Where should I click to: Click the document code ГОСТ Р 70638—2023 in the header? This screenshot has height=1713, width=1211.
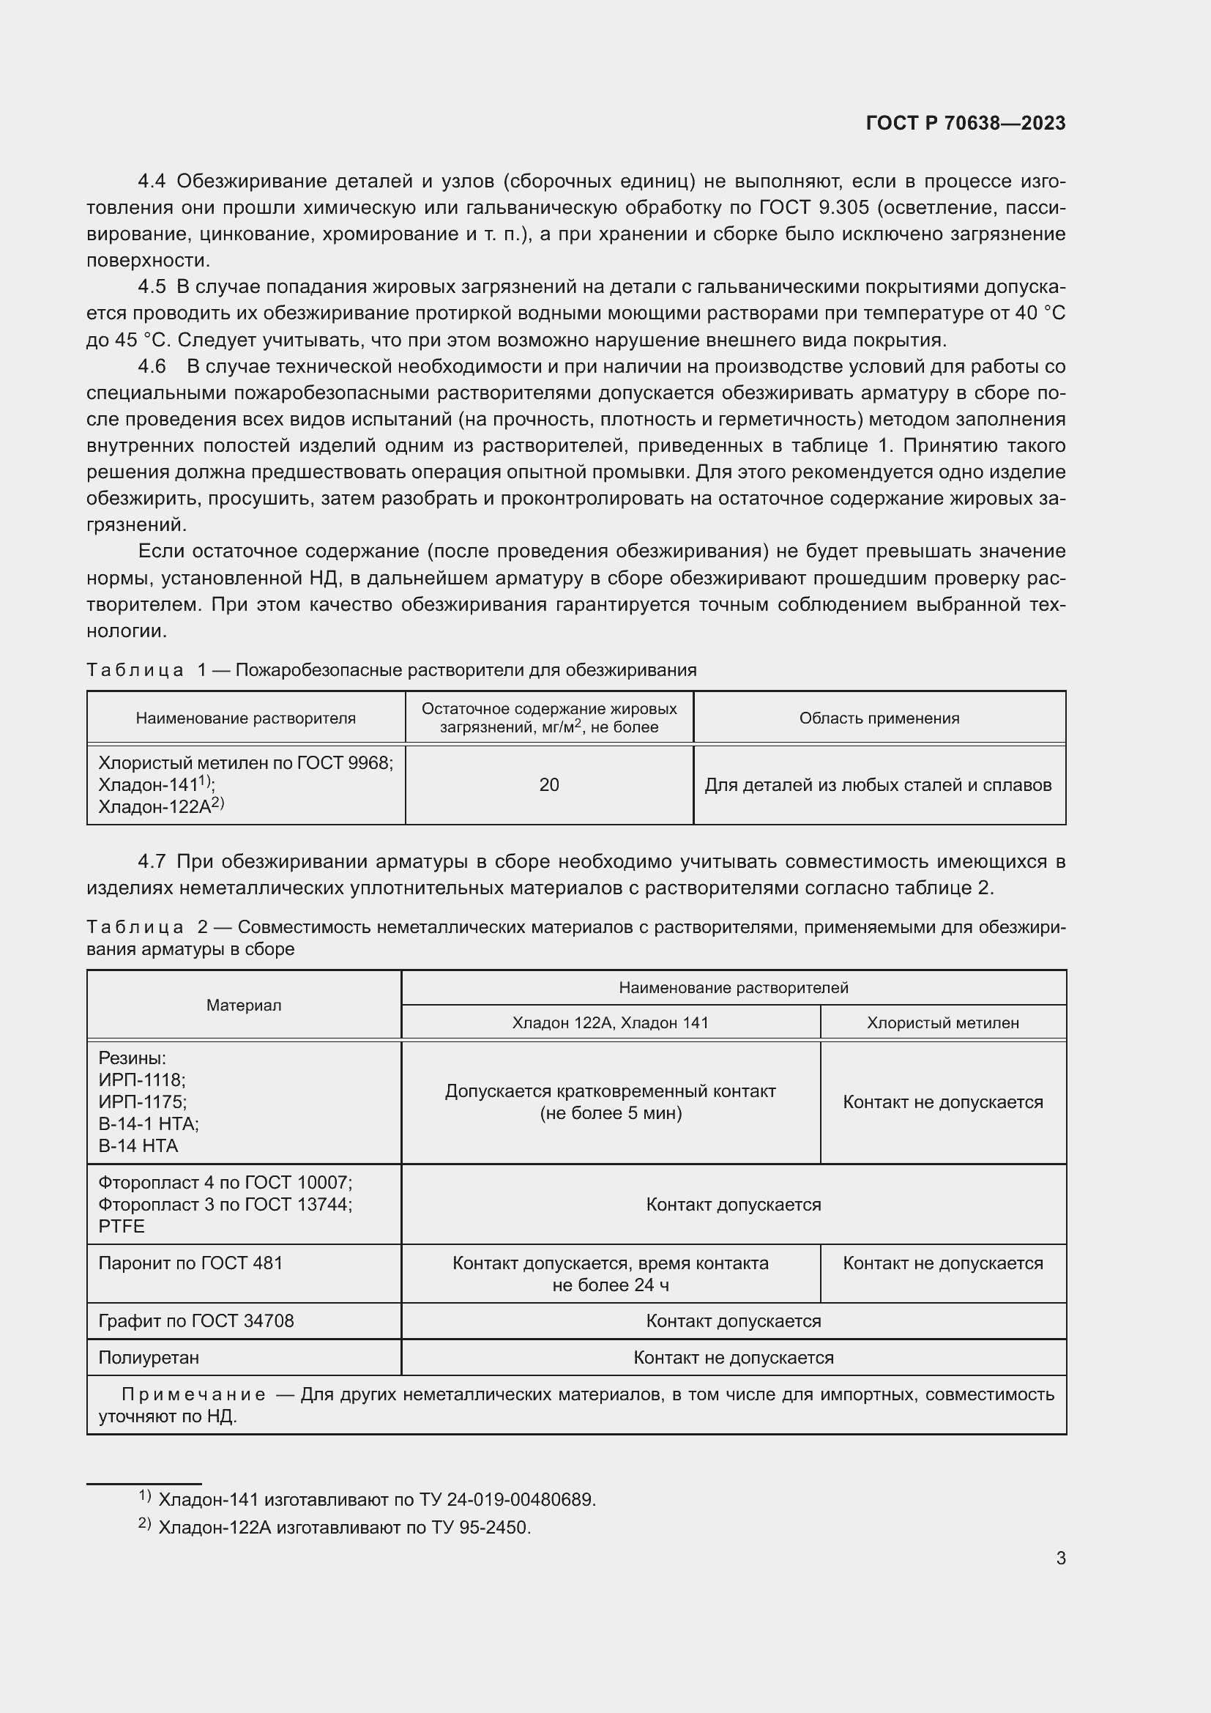(965, 123)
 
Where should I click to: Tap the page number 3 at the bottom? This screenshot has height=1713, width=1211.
(1060, 1558)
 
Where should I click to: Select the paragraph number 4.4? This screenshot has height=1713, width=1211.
(152, 182)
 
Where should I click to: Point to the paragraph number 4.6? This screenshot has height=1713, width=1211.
(152, 366)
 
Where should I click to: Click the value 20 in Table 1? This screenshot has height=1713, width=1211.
(549, 785)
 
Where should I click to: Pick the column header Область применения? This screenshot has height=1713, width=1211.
(879, 718)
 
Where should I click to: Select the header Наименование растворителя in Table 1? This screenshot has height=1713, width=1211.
(245, 718)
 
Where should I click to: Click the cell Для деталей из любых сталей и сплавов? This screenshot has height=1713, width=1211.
(878, 785)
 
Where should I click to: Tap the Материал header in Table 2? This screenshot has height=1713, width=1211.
(244, 1005)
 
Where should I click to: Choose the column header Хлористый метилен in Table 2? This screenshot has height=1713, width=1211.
(942, 1023)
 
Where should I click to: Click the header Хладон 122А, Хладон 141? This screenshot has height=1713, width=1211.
(610, 1023)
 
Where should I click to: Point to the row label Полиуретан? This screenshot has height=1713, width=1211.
(149, 1358)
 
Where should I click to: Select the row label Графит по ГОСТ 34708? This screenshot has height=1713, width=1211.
(196, 1321)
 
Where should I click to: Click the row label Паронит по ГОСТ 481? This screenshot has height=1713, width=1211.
(191, 1263)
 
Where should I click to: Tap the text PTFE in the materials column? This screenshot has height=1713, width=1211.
(122, 1227)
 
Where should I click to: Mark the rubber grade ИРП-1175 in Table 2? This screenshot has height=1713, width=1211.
(143, 1102)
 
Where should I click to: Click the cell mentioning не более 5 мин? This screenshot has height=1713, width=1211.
(610, 1113)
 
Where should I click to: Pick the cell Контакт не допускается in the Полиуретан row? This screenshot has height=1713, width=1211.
(733, 1358)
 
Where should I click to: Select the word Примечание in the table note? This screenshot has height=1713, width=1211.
(193, 1394)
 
